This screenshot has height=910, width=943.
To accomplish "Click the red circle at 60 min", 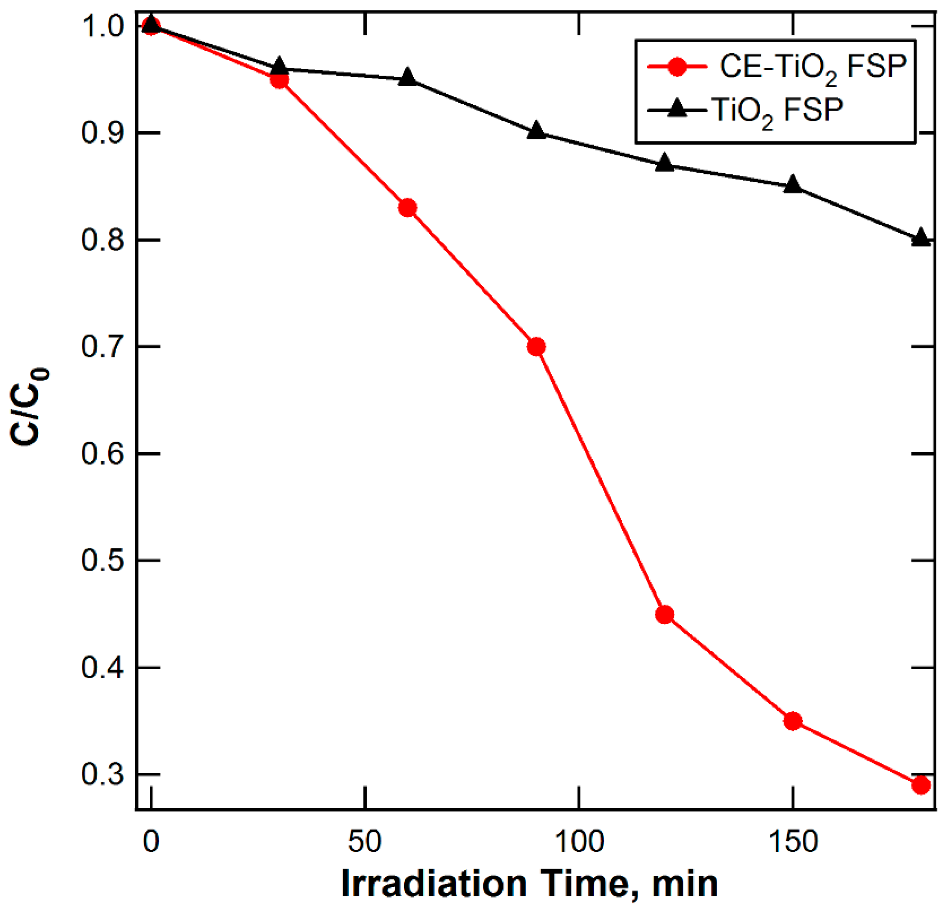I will click(x=408, y=208).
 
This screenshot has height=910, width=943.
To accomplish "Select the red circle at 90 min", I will click(x=536, y=347).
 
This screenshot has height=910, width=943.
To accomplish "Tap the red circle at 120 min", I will click(x=664, y=615).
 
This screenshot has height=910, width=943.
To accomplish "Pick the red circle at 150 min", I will click(x=793, y=721).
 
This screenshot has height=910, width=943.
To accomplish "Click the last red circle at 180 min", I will click(x=921, y=785).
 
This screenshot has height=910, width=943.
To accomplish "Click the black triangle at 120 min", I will click(x=664, y=163).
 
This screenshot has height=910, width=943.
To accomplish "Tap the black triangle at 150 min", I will click(x=793, y=185).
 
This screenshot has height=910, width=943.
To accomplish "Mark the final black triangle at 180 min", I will click(x=921, y=238).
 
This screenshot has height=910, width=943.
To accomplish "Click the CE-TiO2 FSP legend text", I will click(x=813, y=67).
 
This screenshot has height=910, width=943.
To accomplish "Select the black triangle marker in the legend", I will click(x=678, y=109).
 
